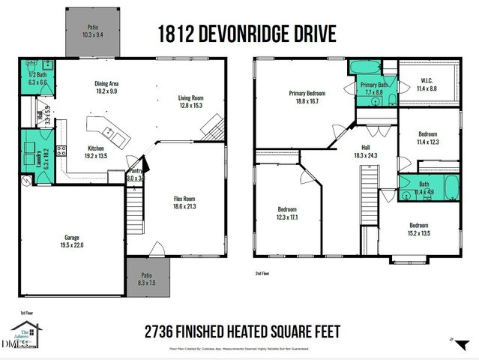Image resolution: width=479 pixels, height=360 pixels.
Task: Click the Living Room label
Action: click(x=190, y=97)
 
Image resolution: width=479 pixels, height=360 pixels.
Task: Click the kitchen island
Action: click(x=109, y=133)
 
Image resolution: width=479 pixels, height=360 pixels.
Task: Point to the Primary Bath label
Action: click(x=374, y=85)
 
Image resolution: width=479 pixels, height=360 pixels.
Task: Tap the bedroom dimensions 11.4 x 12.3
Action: click(x=428, y=142)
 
